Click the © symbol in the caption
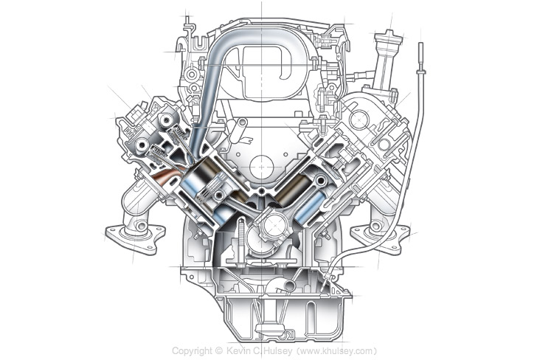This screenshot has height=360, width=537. pyautogui.click(x=219, y=350)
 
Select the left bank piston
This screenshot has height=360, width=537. pyautogui.click(x=208, y=184)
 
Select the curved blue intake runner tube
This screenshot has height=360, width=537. pyautogui.click(x=214, y=81)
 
